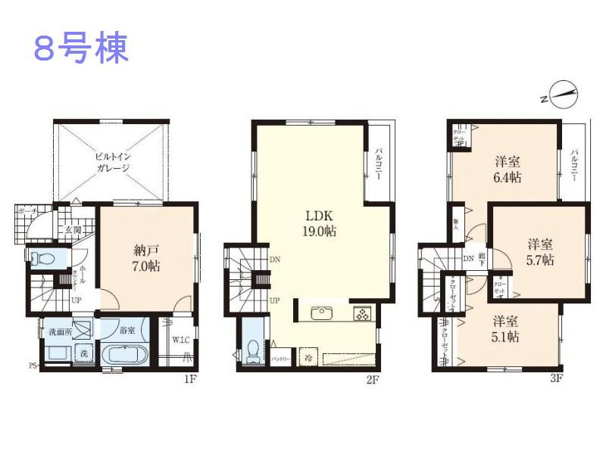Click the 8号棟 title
point(81,47)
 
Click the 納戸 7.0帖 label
point(142,257)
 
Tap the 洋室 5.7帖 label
point(540,252)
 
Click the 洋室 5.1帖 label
point(504,329)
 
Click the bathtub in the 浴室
point(127,354)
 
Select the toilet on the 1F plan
point(42,258)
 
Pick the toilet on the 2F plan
point(254,350)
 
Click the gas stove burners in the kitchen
point(361,313)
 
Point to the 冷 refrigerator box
point(308,356)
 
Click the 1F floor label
point(189,378)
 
